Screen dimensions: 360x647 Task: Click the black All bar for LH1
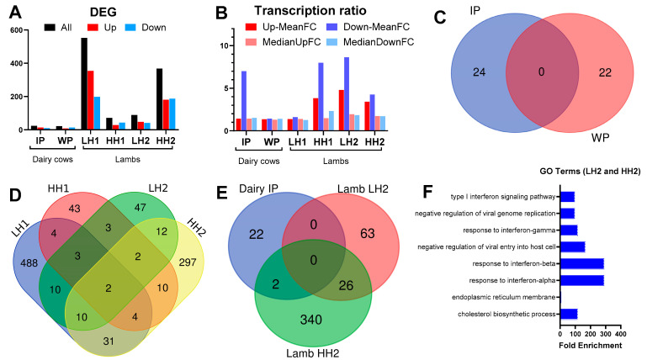click(x=84, y=84)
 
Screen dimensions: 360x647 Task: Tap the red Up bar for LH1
click(x=91, y=100)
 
